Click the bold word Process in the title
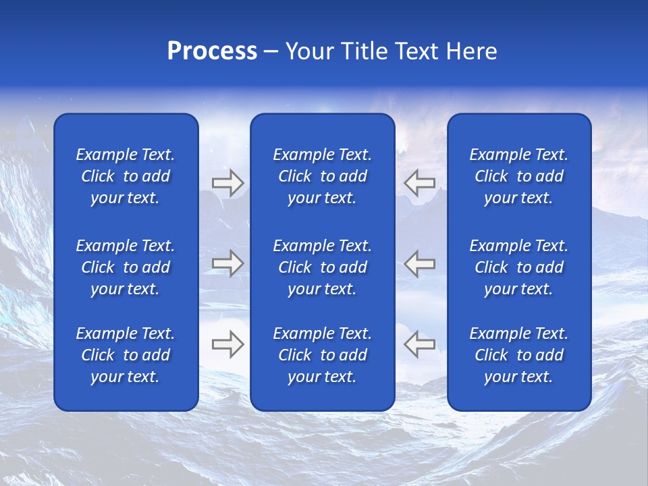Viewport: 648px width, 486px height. pos(212,51)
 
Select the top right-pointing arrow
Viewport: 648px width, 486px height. pos(227,183)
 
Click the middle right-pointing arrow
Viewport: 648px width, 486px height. pos(227,263)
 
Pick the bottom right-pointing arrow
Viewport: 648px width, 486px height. pos(227,344)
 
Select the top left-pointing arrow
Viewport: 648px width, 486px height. pos(420,183)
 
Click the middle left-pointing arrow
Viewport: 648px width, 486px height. pos(420,263)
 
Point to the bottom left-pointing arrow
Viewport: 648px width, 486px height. pos(420,344)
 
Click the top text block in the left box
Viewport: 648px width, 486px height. pos(126,176)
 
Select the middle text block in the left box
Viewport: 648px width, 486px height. pos(126,267)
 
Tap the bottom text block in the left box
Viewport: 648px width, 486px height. pos(126,355)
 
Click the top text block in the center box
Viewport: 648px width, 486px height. pos(323,176)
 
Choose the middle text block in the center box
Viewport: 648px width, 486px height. pos(323,267)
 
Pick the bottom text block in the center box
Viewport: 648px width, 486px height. pos(323,355)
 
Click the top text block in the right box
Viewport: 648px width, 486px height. pos(519,176)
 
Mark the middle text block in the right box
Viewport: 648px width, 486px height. pos(519,267)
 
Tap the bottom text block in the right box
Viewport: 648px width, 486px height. pos(519,355)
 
